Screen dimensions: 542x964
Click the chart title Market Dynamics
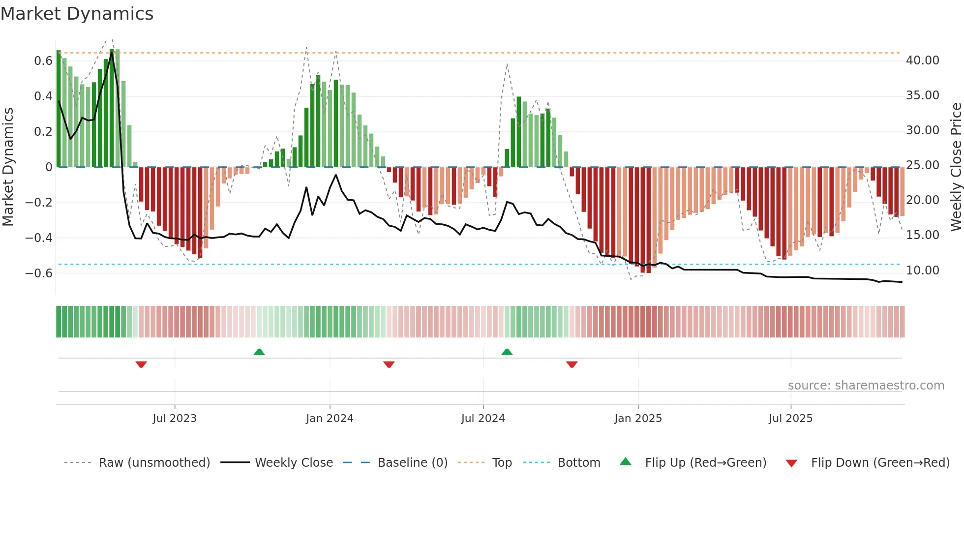(77, 14)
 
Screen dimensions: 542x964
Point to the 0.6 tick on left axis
(43, 61)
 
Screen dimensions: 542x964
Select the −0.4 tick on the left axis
(39, 238)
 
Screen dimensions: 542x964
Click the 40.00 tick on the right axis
(922, 60)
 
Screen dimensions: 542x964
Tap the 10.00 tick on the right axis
(922, 271)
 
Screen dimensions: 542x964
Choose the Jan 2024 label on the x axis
(330, 419)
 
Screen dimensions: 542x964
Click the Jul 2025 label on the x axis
(790, 419)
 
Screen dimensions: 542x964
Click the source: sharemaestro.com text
(866, 386)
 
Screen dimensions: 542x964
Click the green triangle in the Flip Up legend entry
(625, 461)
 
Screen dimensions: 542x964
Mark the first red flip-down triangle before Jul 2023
(141, 364)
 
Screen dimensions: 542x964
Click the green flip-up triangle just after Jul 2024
(507, 352)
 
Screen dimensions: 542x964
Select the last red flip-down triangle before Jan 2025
(572, 364)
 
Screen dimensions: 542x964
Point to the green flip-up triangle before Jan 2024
(259, 352)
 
